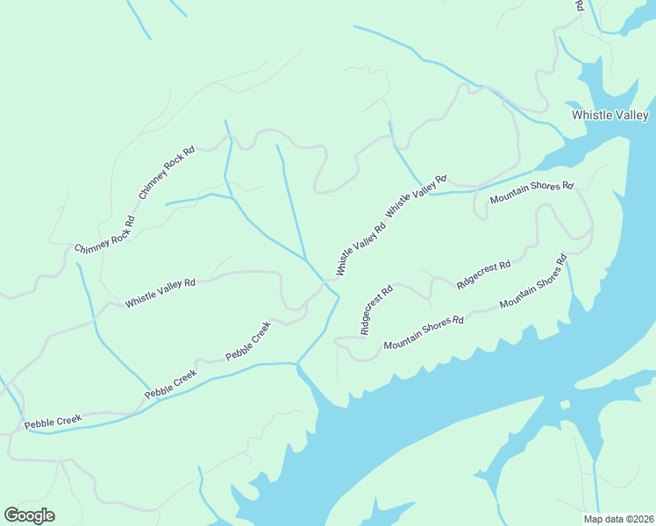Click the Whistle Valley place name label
tap(610, 115)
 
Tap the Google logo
tap(29, 515)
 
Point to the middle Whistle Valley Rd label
tap(360, 250)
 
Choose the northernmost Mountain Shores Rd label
tap(531, 193)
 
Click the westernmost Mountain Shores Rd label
tap(423, 333)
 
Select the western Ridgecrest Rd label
tap(375, 309)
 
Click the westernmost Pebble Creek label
tap(53, 422)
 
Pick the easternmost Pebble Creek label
tap(248, 342)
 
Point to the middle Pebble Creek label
tap(171, 385)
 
